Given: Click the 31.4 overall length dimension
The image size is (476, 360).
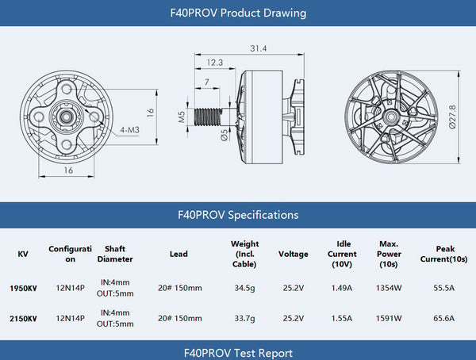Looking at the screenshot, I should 259,49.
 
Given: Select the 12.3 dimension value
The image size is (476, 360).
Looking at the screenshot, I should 214,62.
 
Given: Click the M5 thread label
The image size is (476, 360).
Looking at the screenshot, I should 181,118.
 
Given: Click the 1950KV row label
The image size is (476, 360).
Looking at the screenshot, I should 22,288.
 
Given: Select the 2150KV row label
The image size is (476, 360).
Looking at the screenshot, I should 22,319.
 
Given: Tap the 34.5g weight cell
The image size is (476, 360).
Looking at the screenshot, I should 244,288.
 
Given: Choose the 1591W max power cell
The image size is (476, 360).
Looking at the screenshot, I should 389,319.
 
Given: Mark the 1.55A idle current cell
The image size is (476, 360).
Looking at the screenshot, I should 343,319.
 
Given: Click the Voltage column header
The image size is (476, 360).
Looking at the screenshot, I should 293,255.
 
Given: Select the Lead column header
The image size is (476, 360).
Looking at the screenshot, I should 178,255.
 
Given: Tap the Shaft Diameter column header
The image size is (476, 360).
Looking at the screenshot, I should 115,255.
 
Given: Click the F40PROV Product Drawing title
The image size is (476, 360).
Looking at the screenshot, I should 238,13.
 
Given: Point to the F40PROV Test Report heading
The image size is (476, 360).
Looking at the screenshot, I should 238,353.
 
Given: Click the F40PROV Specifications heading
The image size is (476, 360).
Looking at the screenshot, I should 238,215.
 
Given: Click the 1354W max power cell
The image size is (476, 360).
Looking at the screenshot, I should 389,288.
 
